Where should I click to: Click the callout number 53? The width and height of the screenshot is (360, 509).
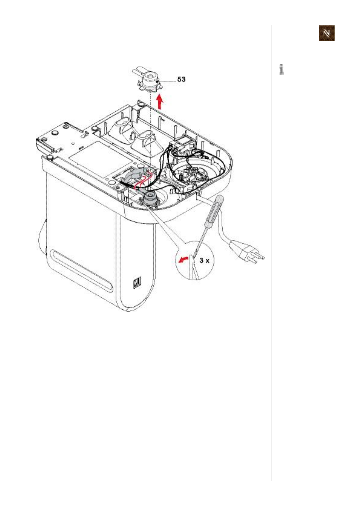tap(181, 80)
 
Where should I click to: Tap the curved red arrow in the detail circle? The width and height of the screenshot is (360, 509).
tap(182, 259)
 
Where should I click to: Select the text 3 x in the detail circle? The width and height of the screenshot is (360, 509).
tap(204, 260)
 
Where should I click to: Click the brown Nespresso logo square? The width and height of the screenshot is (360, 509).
tap(326, 33)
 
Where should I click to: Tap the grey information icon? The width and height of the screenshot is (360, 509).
tap(282, 69)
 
